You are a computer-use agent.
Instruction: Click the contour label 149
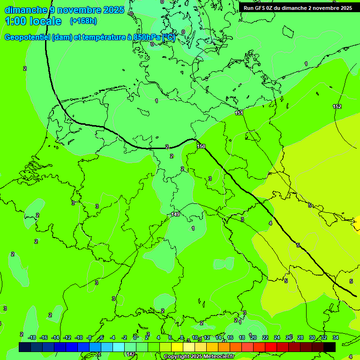click(175, 214)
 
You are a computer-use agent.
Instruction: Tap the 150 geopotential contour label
click(201, 147)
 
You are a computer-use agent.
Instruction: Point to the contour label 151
click(239, 113)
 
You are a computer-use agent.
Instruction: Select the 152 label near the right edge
click(337, 106)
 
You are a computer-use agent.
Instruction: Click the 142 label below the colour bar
click(131, 354)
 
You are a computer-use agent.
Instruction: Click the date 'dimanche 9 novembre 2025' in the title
click(64, 10)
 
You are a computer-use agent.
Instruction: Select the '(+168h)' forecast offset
click(83, 21)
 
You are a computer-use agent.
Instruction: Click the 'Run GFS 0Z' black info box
click(298, 8)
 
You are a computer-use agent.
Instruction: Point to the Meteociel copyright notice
click(199, 357)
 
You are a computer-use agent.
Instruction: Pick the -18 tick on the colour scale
click(32, 337)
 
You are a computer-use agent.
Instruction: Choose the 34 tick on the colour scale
click(336, 337)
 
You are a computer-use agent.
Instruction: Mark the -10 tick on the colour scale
click(79, 337)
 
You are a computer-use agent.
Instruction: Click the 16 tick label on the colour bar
click(230, 337)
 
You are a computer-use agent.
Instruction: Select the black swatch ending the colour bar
click(330, 347)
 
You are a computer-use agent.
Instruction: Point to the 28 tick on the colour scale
click(300, 337)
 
